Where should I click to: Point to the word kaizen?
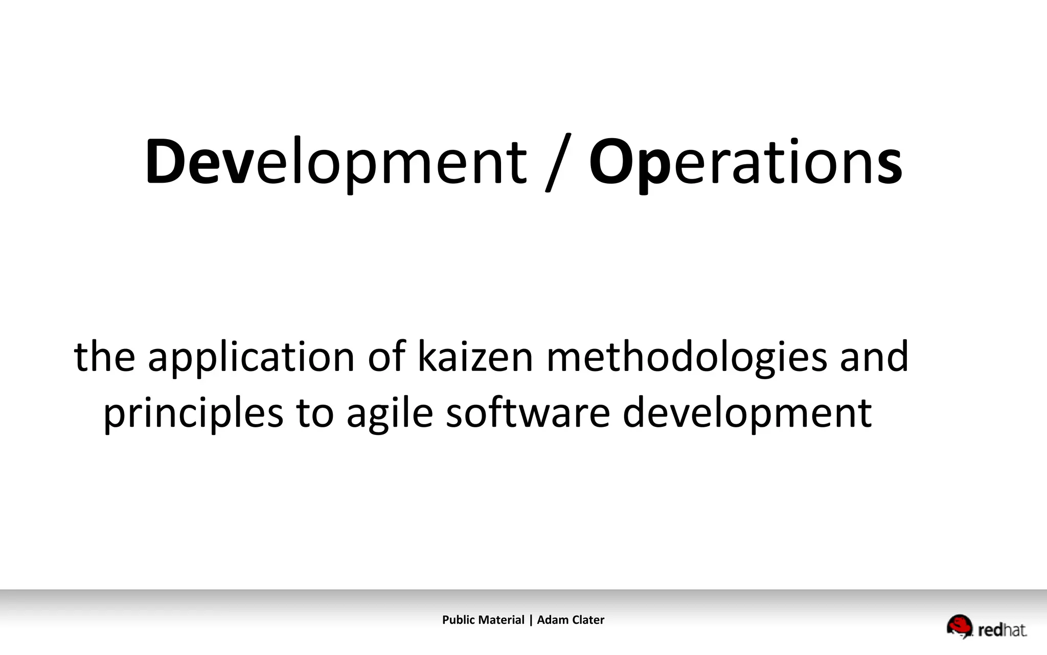point(475,357)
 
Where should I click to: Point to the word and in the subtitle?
point(874,357)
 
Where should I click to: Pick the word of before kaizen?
point(386,357)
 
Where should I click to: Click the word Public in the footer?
point(459,620)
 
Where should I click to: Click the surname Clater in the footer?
point(588,620)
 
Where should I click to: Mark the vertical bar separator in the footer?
point(531,620)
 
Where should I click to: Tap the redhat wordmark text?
point(1002,630)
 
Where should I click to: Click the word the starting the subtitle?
point(104,357)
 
